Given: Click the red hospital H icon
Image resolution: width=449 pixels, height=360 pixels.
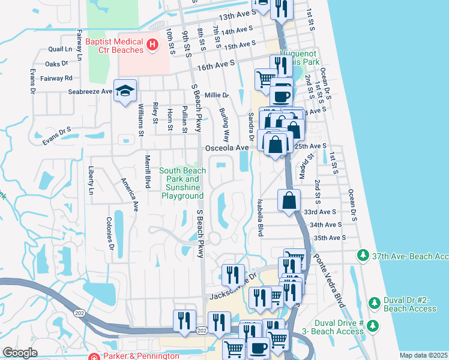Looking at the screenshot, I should (x=152, y=44).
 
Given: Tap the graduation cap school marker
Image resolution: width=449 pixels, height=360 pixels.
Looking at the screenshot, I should (x=125, y=91).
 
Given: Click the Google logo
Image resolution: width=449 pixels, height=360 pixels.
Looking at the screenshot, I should (x=20, y=353).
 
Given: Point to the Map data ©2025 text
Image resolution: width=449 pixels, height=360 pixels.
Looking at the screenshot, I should (x=423, y=355).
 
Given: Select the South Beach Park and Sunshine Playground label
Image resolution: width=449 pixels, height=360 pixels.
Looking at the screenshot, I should (x=182, y=183).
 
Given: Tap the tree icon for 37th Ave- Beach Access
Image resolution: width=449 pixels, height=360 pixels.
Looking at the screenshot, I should (x=363, y=255).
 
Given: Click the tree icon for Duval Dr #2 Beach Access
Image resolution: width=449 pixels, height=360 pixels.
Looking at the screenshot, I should (x=373, y=302).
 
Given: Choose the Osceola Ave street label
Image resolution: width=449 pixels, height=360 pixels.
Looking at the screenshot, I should (x=226, y=148).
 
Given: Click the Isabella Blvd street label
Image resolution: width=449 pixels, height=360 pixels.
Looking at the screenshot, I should (x=260, y=217).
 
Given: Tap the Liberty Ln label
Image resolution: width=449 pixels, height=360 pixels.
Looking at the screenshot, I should (x=91, y=181).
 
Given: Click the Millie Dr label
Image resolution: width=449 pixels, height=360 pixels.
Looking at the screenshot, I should (x=217, y=95).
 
